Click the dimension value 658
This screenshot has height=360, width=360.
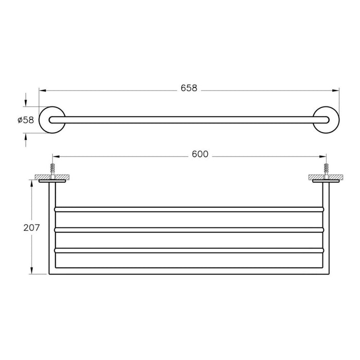click(189, 88)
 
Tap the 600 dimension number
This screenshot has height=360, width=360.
click(200, 154)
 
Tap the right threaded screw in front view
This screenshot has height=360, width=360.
click(326, 169)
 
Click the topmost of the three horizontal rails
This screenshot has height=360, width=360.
click(188, 209)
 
